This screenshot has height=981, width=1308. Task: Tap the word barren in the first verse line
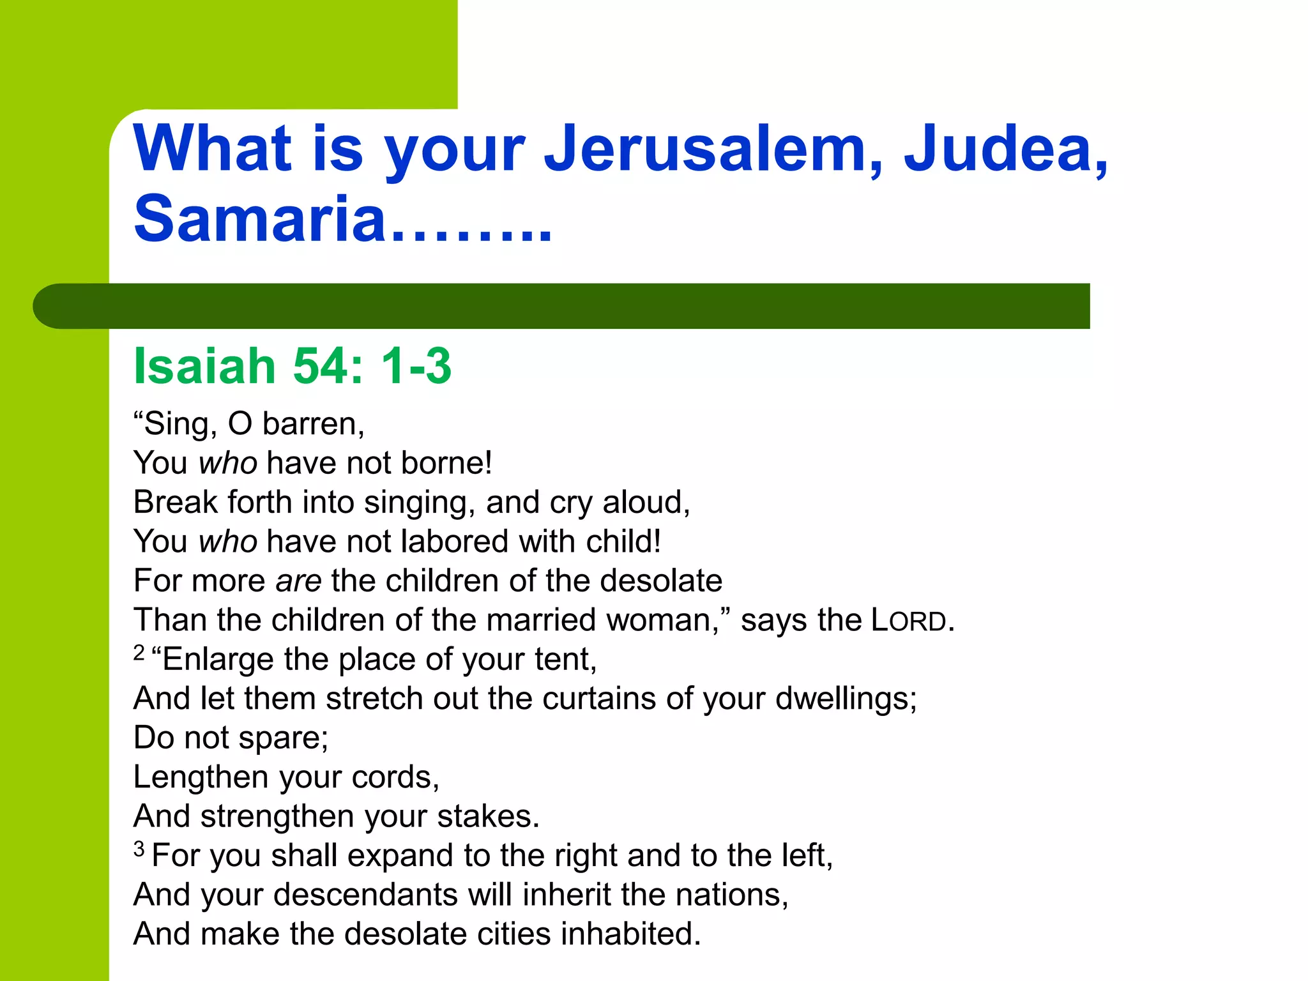[312, 424]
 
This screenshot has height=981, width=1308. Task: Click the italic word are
[298, 582]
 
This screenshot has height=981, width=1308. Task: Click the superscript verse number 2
[139, 652]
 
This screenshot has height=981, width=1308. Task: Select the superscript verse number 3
[139, 849]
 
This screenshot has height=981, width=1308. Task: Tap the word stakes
[488, 817]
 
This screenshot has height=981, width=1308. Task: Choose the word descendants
[365, 895]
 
